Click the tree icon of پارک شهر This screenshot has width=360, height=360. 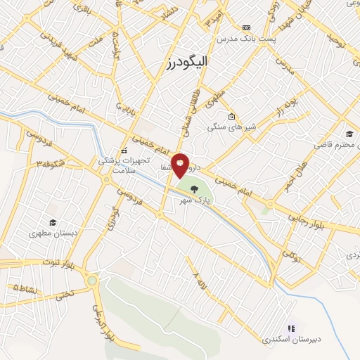coord(194,188)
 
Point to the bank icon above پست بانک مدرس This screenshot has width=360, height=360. coord(245,27)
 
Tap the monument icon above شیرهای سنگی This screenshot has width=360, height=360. coord(232,116)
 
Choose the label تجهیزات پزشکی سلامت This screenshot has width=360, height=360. coord(124,165)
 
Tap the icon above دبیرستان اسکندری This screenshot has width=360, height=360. coord(291,327)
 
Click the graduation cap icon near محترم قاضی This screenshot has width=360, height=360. coord(349,134)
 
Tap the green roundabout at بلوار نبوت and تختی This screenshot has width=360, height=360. coord(92,281)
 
